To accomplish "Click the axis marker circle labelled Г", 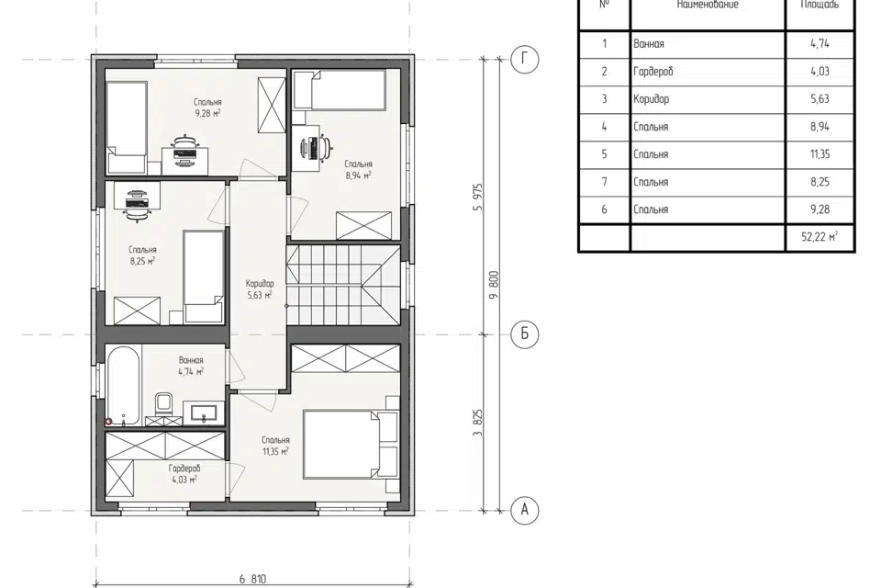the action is point(525,60).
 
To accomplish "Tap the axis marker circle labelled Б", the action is point(525,334).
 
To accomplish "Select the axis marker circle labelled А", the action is point(525,510).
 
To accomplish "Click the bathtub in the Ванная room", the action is point(123,386).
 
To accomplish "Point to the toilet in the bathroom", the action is point(164,404).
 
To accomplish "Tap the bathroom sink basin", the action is point(203,413).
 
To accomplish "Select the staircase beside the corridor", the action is point(343,285).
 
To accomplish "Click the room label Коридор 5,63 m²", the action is point(260,289).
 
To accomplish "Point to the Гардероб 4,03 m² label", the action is point(184,474).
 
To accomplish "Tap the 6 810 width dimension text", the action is point(253,579).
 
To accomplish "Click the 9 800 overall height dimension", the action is point(495,286).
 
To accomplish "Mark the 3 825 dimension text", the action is point(478,423).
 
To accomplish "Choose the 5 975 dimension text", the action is point(478,197).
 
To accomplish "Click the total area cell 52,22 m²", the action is point(820,237).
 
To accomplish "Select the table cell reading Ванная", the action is point(649,44).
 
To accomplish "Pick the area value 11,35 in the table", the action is point(820,154).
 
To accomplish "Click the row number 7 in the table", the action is point(605,182).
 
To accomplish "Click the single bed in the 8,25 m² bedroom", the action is point(204,277).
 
